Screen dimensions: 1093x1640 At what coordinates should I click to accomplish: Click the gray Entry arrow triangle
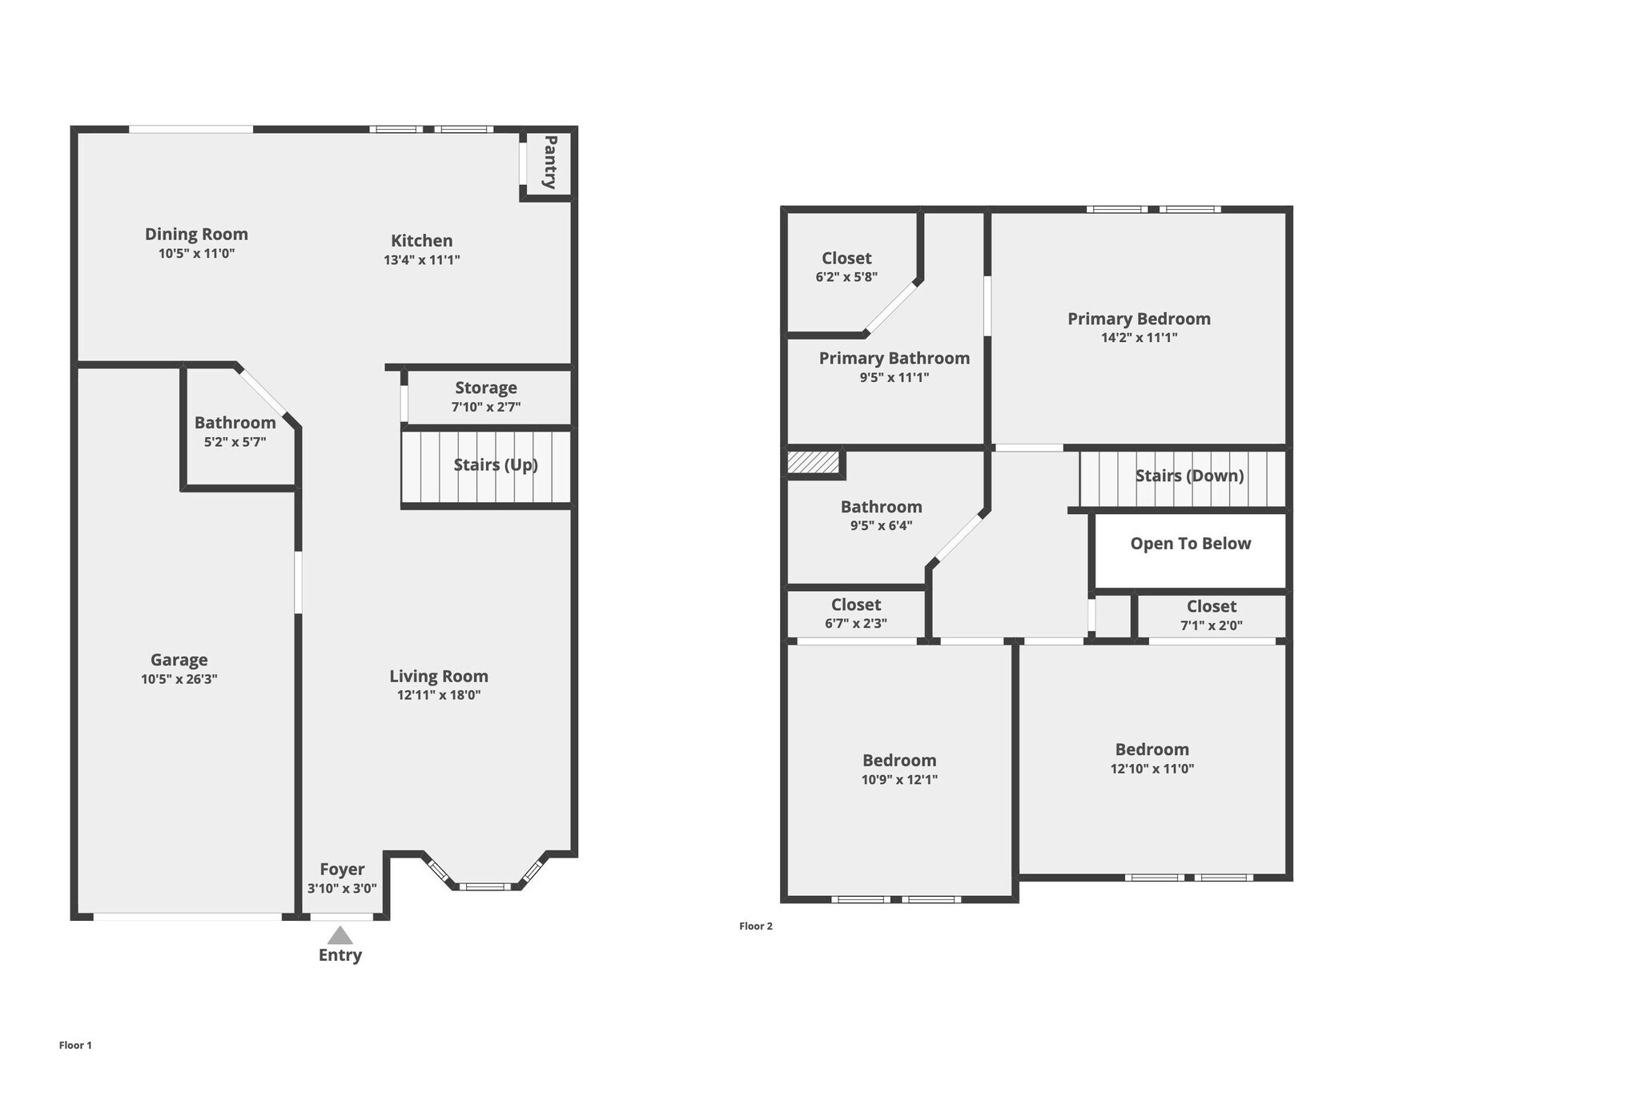(340, 935)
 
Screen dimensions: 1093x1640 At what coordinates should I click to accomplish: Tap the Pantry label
(550, 163)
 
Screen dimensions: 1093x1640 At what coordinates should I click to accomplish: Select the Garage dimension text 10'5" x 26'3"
(179, 679)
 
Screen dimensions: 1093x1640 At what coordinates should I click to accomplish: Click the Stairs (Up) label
(496, 464)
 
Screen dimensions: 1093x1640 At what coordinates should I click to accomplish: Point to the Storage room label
(486, 388)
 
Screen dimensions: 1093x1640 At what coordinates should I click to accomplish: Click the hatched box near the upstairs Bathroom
(813, 463)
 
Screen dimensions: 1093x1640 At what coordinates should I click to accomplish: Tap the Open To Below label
(1190, 544)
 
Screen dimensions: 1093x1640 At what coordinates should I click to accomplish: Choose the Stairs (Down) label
(1189, 476)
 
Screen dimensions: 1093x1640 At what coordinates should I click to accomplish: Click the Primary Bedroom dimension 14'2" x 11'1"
(1139, 338)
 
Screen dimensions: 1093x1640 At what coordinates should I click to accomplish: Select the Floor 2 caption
(756, 926)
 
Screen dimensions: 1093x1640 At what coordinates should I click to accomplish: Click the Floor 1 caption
(75, 1046)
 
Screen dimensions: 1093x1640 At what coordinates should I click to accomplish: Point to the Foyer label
(342, 870)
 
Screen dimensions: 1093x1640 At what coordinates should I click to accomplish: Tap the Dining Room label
(196, 234)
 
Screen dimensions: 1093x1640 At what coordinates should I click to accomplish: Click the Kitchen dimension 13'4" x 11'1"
(422, 260)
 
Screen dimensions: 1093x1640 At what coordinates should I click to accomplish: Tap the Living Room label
(439, 676)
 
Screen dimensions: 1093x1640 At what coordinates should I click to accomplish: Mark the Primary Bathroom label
(894, 358)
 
